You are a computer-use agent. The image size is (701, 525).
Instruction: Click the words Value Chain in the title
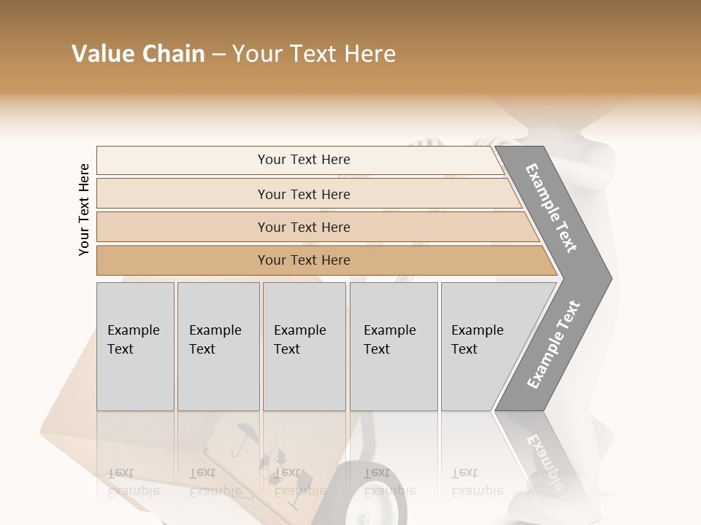tap(138, 54)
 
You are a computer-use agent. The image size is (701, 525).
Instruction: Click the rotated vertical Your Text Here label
tap(84, 209)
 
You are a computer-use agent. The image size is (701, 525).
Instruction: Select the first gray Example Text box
tap(135, 346)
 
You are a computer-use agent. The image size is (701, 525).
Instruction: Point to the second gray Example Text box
tap(218, 346)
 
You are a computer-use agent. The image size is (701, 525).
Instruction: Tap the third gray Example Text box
tap(304, 346)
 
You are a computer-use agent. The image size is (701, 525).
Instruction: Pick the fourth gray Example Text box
tap(394, 346)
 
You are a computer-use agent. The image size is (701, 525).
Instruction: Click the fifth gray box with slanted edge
tap(482, 346)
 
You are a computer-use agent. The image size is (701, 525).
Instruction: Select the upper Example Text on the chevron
tap(551, 208)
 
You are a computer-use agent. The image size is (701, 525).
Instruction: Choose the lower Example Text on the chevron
tap(553, 344)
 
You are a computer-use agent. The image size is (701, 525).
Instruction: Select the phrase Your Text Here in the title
tap(314, 54)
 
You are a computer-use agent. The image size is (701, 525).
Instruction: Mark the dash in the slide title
tap(218, 54)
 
